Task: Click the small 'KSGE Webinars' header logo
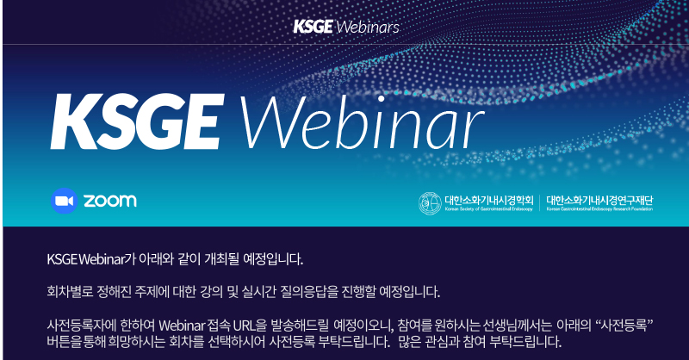click(346, 27)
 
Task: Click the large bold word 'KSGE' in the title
click(138, 121)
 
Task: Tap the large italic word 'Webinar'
click(361, 121)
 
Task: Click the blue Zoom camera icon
click(64, 201)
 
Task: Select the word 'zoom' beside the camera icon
click(110, 201)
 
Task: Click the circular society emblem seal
click(430, 203)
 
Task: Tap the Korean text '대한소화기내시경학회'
click(489, 200)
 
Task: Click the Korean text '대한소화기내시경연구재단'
click(599, 200)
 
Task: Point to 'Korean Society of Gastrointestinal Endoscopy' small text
click(488, 209)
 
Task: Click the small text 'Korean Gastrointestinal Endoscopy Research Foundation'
click(599, 209)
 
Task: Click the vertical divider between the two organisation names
click(540, 203)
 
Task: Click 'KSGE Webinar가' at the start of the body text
click(91, 259)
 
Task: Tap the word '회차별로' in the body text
click(70, 291)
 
